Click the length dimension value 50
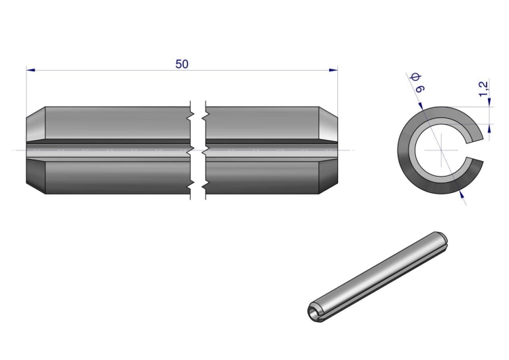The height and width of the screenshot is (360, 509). pyautogui.click(x=182, y=64)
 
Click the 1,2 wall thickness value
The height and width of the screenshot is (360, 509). pyautogui.click(x=483, y=89)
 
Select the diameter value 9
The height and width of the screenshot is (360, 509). pyautogui.click(x=419, y=88)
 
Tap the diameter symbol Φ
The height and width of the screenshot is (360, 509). pyautogui.click(x=416, y=77)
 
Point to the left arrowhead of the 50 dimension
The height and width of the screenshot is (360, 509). pyautogui.click(x=31, y=70)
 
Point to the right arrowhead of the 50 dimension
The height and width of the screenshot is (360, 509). pyautogui.click(x=333, y=70)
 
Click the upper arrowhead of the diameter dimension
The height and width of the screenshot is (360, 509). pyautogui.click(x=420, y=106)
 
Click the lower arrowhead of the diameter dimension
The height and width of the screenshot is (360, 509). pyautogui.click(x=461, y=194)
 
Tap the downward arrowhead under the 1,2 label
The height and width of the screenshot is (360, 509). pyautogui.click(x=489, y=102)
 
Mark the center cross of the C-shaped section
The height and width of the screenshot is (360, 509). pyautogui.click(x=441, y=150)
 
